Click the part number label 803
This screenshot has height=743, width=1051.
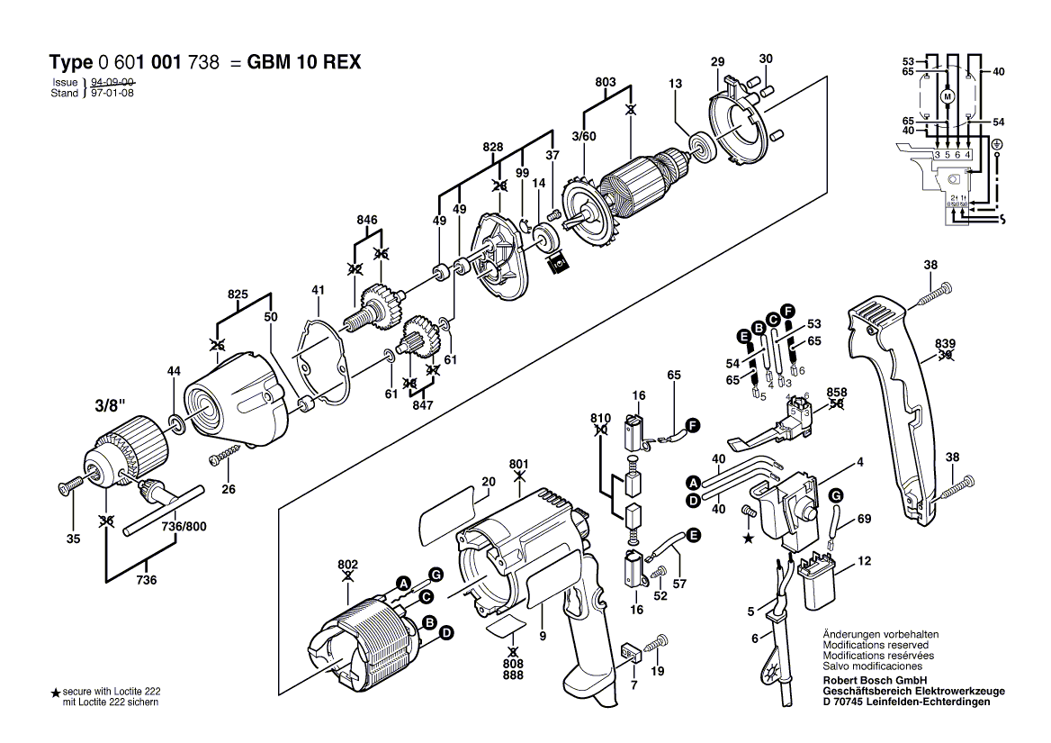click(606, 82)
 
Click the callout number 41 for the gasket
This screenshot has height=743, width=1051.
click(317, 290)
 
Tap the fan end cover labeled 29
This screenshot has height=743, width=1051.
click(741, 125)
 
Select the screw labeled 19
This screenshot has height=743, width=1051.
click(659, 641)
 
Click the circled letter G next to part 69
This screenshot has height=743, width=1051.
click(836, 495)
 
